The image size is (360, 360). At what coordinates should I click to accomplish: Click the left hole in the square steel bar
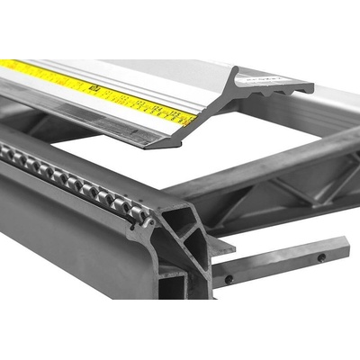click(x=229, y=279)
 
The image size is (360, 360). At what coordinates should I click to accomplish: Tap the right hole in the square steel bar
click(x=320, y=257)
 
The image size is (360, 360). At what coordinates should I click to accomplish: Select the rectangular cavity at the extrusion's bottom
click(x=172, y=286)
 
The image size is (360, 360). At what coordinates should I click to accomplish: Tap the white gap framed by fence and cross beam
click(x=135, y=162)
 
